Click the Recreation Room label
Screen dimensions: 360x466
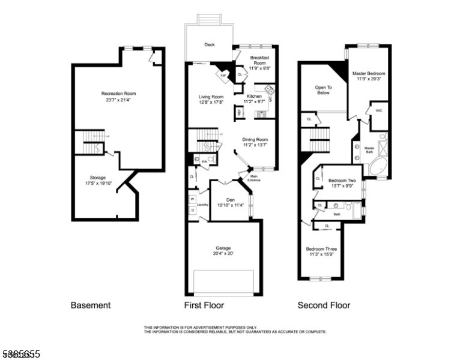pyautogui.click(x=118, y=94)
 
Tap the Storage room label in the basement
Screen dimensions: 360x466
pyautogui.click(x=98, y=178)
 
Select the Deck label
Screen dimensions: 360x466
pyautogui.click(x=209, y=45)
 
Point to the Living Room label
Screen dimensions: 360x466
pyautogui.click(x=211, y=97)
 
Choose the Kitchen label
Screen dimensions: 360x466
pyautogui.click(x=254, y=96)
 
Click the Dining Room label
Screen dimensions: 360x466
pyautogui.click(x=255, y=140)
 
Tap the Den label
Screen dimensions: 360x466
pyautogui.click(x=230, y=200)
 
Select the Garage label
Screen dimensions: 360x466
pyautogui.click(x=223, y=248)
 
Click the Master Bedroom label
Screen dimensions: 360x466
pyautogui.click(x=369, y=73)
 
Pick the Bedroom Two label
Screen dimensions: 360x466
pyautogui.click(x=342, y=181)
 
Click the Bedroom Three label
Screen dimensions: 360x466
pyautogui.click(x=321, y=249)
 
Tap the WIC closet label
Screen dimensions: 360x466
pyautogui.click(x=378, y=111)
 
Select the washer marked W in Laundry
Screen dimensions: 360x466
pyautogui.click(x=193, y=199)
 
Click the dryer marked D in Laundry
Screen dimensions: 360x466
pyautogui.click(x=193, y=211)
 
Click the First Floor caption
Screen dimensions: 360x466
pyautogui.click(x=204, y=305)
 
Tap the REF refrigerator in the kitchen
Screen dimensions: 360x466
pyautogui.click(x=239, y=112)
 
